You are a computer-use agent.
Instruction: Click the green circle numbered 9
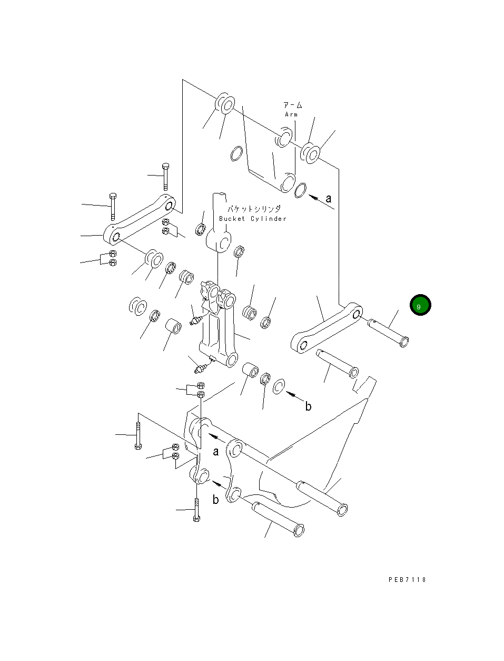coord(420,305)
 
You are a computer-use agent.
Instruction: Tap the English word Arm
coord(291,114)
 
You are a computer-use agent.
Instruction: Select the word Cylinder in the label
coord(269,219)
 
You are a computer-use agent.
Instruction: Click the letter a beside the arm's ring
coord(329,199)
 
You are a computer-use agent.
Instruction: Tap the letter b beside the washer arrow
coord(308,406)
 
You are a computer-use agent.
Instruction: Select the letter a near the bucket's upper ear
coord(216,452)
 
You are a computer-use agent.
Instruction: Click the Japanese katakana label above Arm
coord(292,105)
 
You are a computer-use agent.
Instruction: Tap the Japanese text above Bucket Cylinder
coord(254,209)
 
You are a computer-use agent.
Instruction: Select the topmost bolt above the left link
coord(165,177)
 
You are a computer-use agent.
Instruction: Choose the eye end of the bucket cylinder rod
coord(219,242)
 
